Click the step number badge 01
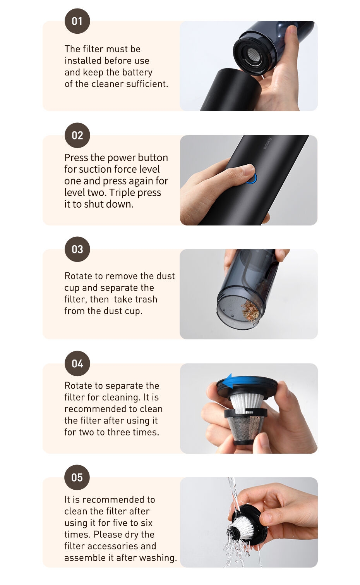point(77,21)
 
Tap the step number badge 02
point(77,135)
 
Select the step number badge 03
point(77,249)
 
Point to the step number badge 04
point(77,363)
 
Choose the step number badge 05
point(77,477)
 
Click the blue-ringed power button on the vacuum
point(252,178)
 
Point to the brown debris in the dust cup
point(250,311)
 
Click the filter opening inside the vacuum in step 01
point(253,55)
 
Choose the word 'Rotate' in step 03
point(79,276)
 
